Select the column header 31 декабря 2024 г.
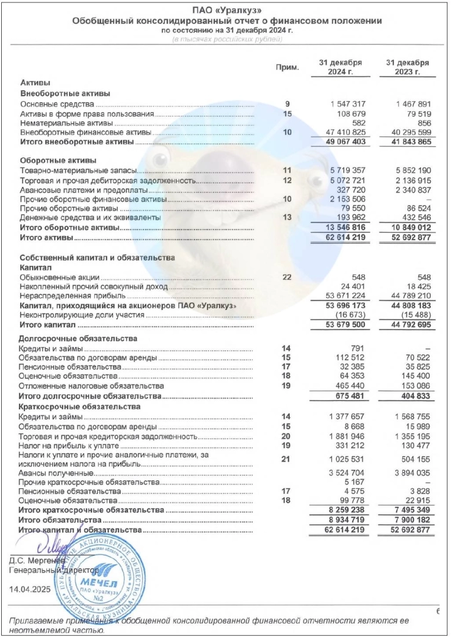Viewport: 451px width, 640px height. click(x=341, y=67)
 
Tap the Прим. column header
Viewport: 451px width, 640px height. click(x=287, y=67)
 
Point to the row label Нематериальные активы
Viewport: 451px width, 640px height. click(x=62, y=123)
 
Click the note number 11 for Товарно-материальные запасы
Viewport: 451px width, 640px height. click(x=287, y=171)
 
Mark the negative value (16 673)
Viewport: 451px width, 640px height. click(x=351, y=315)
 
